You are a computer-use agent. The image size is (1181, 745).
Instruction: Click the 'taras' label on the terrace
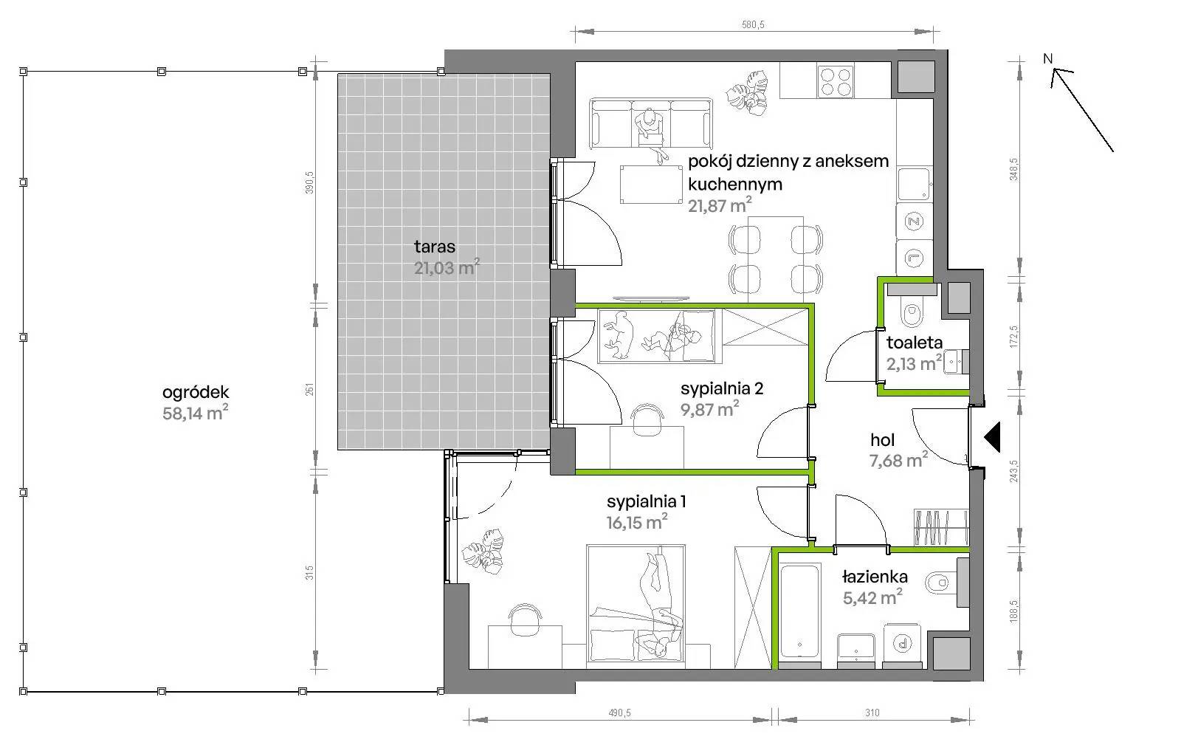pos(435,246)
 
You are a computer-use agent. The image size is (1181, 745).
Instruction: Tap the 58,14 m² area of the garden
pos(195,412)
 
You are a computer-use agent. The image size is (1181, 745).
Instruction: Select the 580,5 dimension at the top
pos(753,25)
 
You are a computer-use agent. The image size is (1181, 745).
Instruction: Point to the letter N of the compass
pos(1047,58)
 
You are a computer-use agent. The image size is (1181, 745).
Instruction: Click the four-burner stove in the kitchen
pos(836,81)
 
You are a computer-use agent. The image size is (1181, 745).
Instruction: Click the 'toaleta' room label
pos(915,343)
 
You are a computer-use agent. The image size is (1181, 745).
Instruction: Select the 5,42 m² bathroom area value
pos(872,597)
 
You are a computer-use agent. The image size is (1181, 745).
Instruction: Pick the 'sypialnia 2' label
pos(722,388)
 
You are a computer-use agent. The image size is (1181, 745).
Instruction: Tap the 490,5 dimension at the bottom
pos(619,713)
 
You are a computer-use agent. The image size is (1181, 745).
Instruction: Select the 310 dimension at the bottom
pos(872,713)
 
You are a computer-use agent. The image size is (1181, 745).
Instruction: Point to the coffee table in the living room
pos(651,184)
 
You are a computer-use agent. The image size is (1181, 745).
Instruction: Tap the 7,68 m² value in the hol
pos(898,460)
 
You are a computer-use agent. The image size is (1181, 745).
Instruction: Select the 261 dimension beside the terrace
pos(309,389)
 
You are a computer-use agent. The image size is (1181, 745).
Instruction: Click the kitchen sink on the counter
pos(914,184)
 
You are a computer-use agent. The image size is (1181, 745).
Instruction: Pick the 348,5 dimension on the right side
pos(1014,170)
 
